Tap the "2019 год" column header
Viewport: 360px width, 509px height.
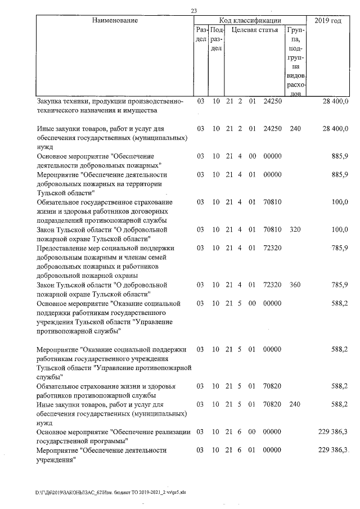pyautogui.click(x=328, y=21)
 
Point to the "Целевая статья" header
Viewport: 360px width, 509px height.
pyautogui.click(x=255, y=30)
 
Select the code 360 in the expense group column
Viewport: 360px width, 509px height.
pyautogui.click(x=295, y=285)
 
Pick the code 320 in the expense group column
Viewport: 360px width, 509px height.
pyautogui.click(x=295, y=229)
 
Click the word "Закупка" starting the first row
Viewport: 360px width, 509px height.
pyautogui.click(x=50, y=101)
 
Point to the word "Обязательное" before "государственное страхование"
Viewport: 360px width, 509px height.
pyautogui.click(x=62, y=202)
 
